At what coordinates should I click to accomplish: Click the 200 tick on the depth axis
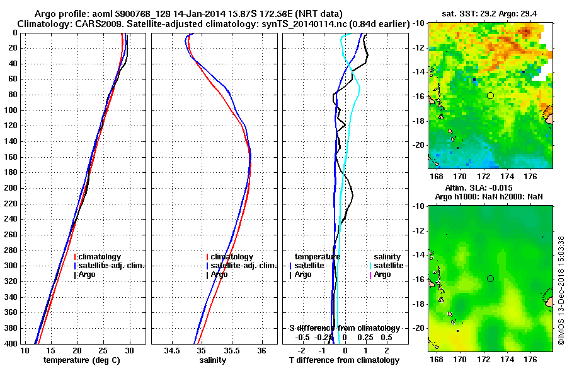coord(11,188)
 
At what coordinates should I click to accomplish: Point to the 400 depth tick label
coord(11,344)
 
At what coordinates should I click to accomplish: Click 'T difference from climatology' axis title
coord(344,360)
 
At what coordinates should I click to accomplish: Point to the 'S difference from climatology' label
coord(344,328)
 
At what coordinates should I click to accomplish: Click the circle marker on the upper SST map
coord(490,95)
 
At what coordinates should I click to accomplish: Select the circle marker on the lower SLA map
coord(490,278)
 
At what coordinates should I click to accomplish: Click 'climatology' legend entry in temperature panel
coord(100,257)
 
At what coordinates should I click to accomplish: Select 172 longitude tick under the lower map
coord(486,358)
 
